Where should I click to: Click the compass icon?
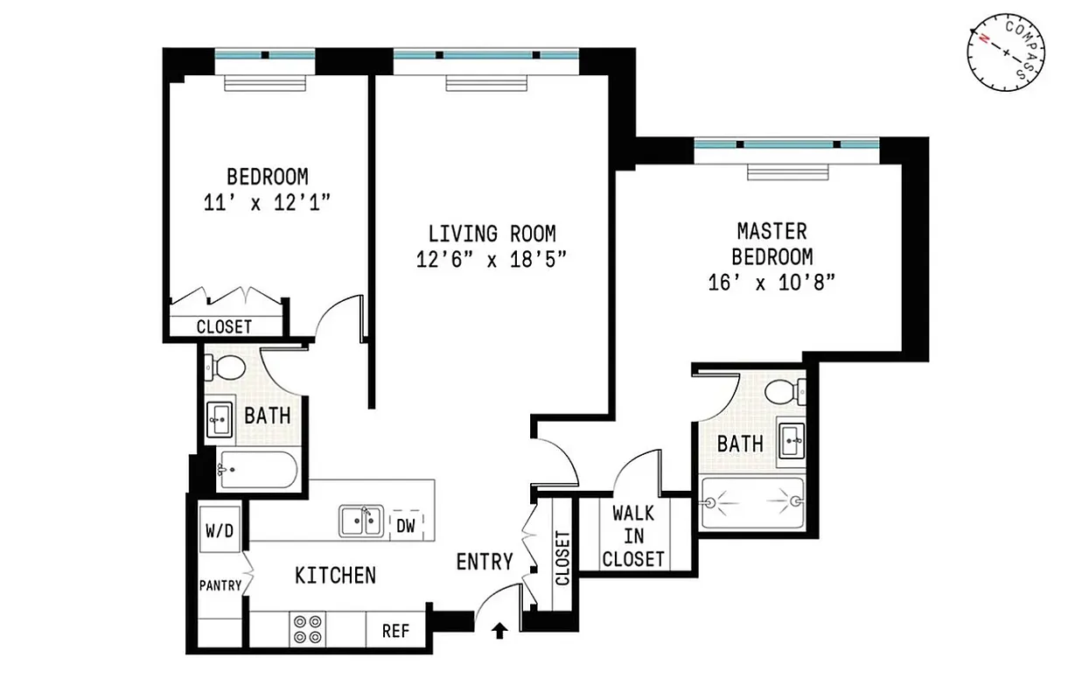click(1005, 53)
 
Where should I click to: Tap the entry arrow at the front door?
click(499, 629)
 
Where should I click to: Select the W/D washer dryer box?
click(219, 531)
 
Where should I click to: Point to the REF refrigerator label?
click(395, 630)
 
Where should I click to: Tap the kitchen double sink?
click(360, 521)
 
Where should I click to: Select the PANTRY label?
click(219, 585)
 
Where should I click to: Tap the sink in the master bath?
click(790, 440)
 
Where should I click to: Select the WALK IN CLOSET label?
click(633, 535)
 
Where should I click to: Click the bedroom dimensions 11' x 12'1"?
click(267, 201)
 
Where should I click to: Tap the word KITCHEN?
click(335, 575)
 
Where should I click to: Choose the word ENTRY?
click(485, 562)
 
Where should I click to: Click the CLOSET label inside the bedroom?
click(224, 326)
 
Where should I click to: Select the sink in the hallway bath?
click(219, 421)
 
